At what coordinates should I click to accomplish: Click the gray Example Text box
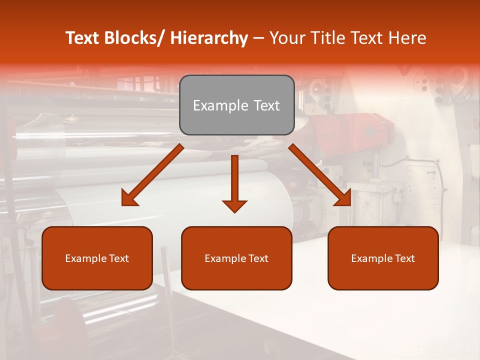236,105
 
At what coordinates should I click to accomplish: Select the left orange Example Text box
97,258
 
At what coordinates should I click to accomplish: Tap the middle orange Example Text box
236,258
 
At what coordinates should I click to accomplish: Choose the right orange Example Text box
383,258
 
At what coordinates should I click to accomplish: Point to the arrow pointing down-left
152,175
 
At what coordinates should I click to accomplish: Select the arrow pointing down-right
320,175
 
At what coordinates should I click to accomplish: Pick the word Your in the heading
288,38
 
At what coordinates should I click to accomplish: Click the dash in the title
258,38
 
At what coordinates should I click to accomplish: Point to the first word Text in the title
82,38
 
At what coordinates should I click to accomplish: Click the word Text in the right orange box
404,258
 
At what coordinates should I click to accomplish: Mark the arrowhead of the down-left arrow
129,199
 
